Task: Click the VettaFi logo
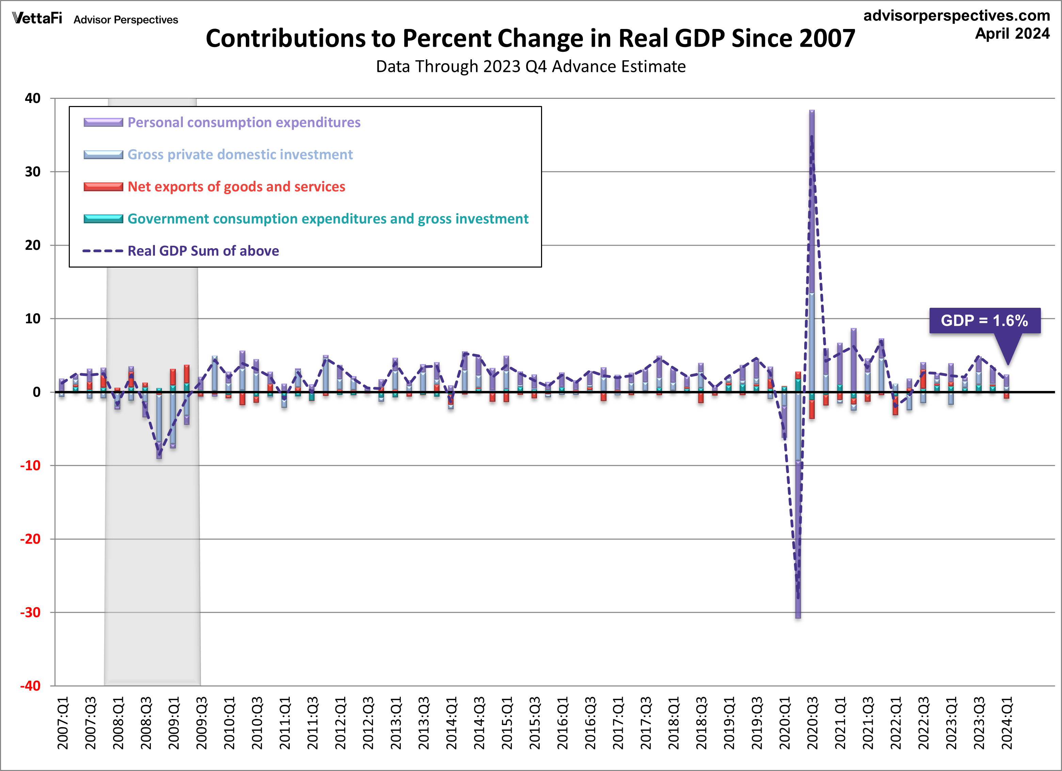pyautogui.click(x=37, y=18)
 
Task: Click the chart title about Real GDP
pyautogui.click(x=530, y=39)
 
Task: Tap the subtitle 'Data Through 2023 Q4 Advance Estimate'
pyautogui.click(x=530, y=66)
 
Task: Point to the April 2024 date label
pyautogui.click(x=1012, y=34)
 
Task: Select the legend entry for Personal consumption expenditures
pyautogui.click(x=243, y=122)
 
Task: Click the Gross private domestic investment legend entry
pyautogui.click(x=240, y=155)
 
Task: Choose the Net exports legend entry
pyautogui.click(x=236, y=186)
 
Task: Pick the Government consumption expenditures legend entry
pyautogui.click(x=328, y=219)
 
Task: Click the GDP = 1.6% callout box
pyautogui.click(x=984, y=321)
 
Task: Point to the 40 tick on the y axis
pyautogui.click(x=33, y=99)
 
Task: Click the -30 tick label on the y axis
pyautogui.click(x=30, y=612)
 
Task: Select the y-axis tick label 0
pyautogui.click(x=36, y=392)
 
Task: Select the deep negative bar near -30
pyautogui.click(x=798, y=539)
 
